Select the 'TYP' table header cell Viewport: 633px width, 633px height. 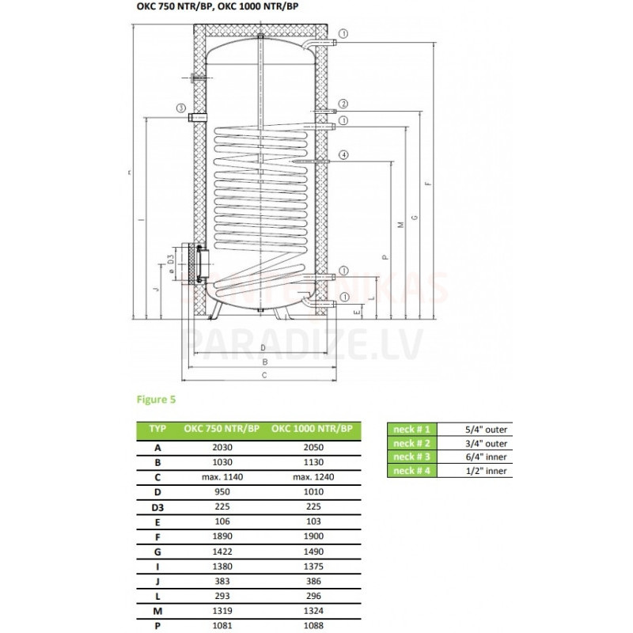coord(157,430)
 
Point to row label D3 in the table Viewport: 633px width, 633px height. coord(157,507)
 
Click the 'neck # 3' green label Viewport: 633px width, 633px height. coord(411,457)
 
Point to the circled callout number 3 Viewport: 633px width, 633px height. coord(181,108)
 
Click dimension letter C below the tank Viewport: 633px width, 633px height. coord(263,375)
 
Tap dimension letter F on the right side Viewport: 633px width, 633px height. coord(428,184)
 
